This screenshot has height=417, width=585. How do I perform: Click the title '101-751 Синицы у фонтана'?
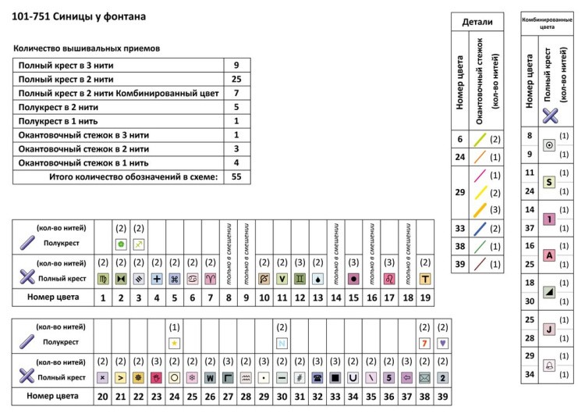pos(80,16)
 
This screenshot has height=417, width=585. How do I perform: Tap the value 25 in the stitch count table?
pos(236,79)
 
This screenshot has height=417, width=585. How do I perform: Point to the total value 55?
pos(236,177)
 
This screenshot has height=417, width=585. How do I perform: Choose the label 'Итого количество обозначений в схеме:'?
pos(133,177)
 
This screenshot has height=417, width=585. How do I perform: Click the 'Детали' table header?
pos(477,22)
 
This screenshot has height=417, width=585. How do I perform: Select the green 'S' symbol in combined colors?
pos(549,182)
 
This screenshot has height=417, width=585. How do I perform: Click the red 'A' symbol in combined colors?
pos(549,255)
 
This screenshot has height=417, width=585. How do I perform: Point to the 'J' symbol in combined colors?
pos(549,329)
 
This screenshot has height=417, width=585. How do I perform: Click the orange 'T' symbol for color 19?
pos(425,279)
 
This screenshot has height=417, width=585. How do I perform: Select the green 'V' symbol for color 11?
pos(282,279)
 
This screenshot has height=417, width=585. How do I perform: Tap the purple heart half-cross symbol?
pos(443,342)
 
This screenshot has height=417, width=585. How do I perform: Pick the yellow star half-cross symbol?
pos(175,342)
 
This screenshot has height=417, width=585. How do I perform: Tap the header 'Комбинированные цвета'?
pos(548,22)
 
